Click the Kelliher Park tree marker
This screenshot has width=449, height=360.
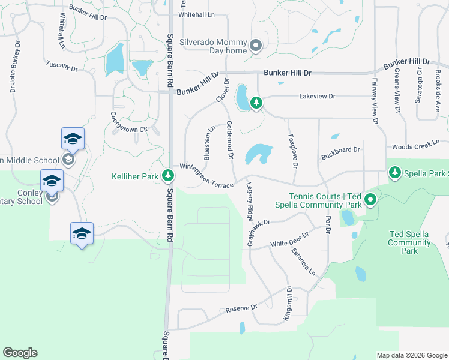(x=169, y=176)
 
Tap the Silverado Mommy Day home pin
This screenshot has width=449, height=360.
(x=256, y=46)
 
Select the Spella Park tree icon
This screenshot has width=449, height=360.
(x=395, y=173)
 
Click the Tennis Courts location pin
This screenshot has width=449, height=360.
(x=371, y=200)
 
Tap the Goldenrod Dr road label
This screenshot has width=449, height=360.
(x=230, y=140)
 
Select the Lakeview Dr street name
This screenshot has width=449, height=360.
(x=317, y=96)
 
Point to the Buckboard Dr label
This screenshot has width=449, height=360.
(x=340, y=150)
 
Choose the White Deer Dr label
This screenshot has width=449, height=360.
(x=289, y=241)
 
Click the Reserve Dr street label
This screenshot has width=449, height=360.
(x=241, y=308)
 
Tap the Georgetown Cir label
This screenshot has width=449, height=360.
(x=128, y=122)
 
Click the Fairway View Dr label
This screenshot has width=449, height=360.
(x=375, y=101)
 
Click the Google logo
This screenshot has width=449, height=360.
(x=20, y=353)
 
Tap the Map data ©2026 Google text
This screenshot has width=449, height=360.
(x=411, y=355)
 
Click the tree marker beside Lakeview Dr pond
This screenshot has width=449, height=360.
(x=256, y=103)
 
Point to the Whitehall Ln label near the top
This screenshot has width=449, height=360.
(x=196, y=14)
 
